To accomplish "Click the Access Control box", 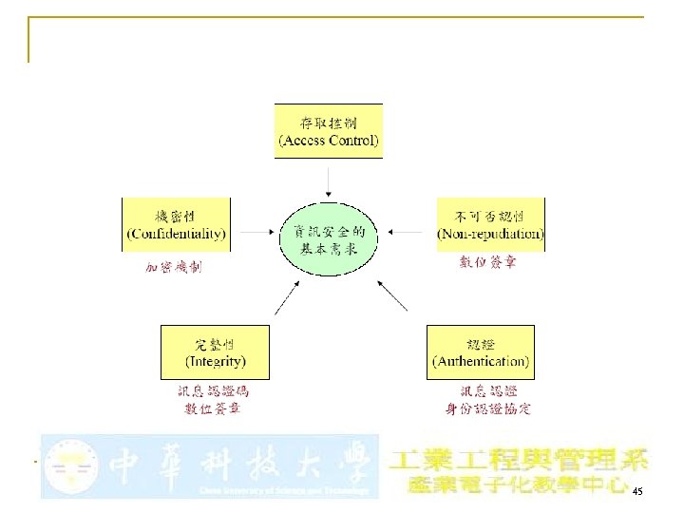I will pyautogui.click(x=328, y=131).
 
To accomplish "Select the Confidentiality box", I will pyautogui.click(x=176, y=224).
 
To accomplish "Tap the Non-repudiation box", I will pyautogui.click(x=490, y=224).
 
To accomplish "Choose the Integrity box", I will pyautogui.click(x=215, y=352).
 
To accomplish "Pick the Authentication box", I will pyautogui.click(x=481, y=352).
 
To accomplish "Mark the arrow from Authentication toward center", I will pyautogui.click(x=395, y=297).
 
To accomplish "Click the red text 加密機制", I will pyautogui.click(x=173, y=267).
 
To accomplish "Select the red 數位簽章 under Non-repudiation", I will pyautogui.click(x=488, y=262).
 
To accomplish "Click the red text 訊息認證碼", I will pyautogui.click(x=213, y=390).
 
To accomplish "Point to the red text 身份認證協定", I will pyautogui.click(x=488, y=409).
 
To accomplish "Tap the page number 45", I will pyautogui.click(x=636, y=490).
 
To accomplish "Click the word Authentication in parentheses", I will pyautogui.click(x=481, y=361).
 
